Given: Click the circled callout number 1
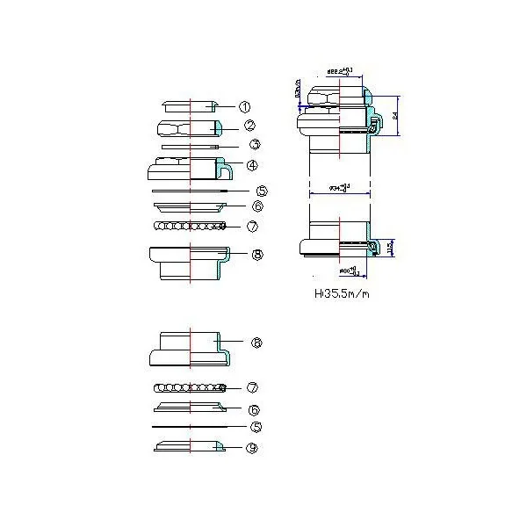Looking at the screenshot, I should pyautogui.click(x=245, y=106).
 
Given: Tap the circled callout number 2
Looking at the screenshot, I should pyautogui.click(x=249, y=126).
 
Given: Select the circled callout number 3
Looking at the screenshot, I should pyautogui.click(x=253, y=145).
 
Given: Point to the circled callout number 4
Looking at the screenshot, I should pyautogui.click(x=251, y=165).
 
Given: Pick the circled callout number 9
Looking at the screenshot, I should pyautogui.click(x=252, y=447).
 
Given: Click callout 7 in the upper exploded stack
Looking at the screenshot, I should pyautogui.click(x=251, y=226).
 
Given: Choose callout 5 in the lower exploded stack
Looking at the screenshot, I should pyautogui.click(x=256, y=428).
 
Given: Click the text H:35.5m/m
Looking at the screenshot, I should pyautogui.click(x=342, y=294).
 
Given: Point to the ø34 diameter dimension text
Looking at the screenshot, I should pyautogui.click(x=339, y=187).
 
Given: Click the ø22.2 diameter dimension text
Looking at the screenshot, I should pyautogui.click(x=340, y=69).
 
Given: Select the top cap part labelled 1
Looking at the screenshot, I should pyautogui.click(x=191, y=105).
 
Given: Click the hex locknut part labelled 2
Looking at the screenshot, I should pyautogui.click(x=190, y=127).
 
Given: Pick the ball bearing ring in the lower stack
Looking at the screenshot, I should pyautogui.click(x=189, y=387).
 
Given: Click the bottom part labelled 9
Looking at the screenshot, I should pyautogui.click(x=189, y=448).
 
